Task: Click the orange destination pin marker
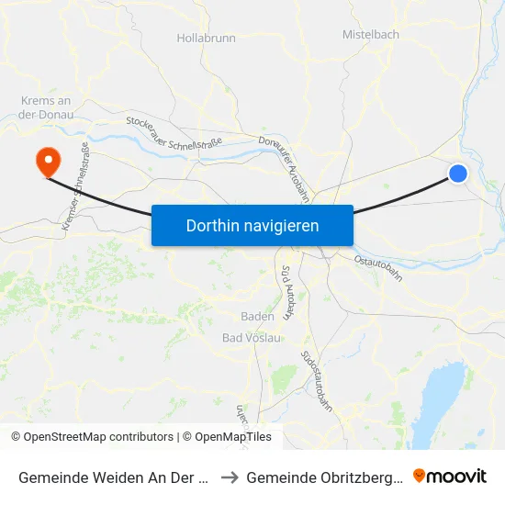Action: point(47,162)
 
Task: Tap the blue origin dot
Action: point(458,173)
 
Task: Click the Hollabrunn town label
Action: point(206,39)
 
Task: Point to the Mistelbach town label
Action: point(370,34)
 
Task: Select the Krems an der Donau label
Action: point(46,107)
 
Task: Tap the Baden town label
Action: point(257,317)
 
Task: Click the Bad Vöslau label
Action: point(251,338)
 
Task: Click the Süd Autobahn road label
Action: point(286,292)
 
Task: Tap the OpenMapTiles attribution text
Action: point(232,437)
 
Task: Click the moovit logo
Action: point(453,476)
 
